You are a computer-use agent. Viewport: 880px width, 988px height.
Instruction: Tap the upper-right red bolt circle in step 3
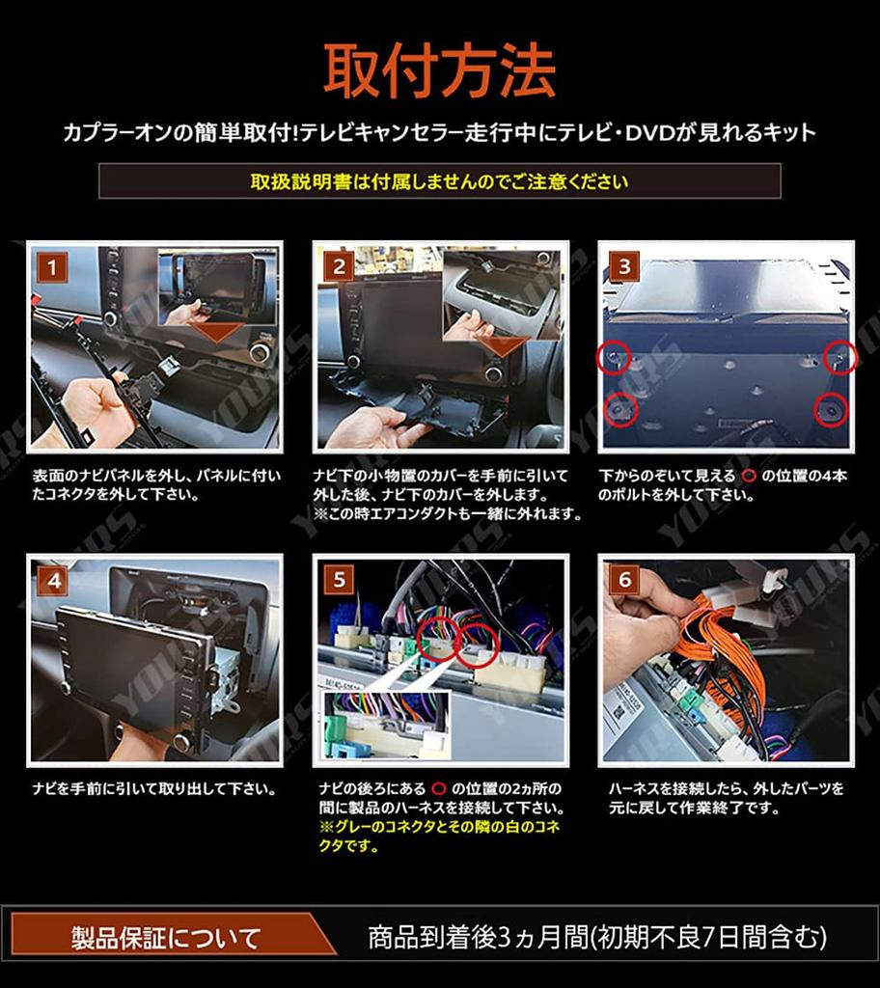[840, 357]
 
